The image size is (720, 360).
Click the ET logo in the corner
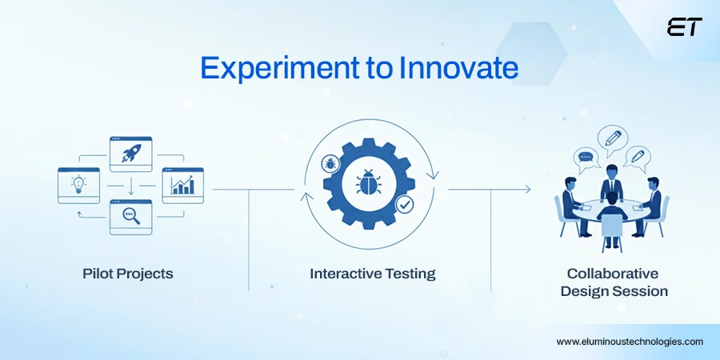pyautogui.click(x=684, y=27)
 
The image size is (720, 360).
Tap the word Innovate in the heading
pyautogui.click(x=458, y=69)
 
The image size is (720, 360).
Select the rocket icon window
pyautogui.click(x=130, y=154)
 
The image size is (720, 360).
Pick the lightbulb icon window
pyautogui.click(x=78, y=185)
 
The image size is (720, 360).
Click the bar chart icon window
pyautogui.click(x=182, y=185)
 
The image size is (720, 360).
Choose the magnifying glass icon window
pyautogui.click(x=130, y=216)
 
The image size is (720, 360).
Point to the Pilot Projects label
pyautogui.click(x=127, y=274)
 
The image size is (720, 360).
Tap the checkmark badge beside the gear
pyautogui.click(x=405, y=205)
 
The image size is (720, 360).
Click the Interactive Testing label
pyautogui.click(x=373, y=274)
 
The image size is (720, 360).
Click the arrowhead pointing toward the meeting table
pyautogui.click(x=526, y=190)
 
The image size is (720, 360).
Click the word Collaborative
pyautogui.click(x=614, y=273)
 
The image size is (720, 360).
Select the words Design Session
pyautogui.click(x=614, y=291)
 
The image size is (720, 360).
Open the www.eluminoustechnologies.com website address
pyautogui.click(x=630, y=341)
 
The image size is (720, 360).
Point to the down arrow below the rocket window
pyautogui.click(x=130, y=186)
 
